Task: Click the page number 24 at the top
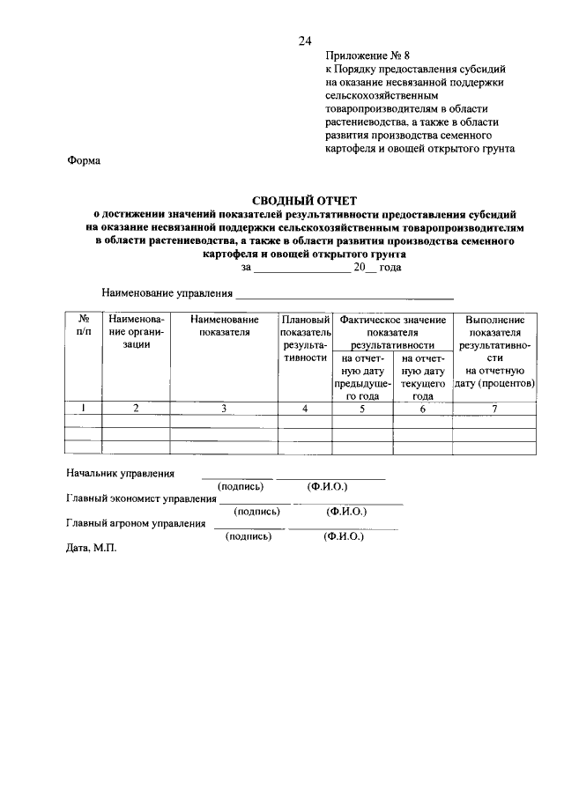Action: [305, 41]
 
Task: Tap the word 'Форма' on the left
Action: [84, 161]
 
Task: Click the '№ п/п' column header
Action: [84, 325]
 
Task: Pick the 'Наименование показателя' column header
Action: [224, 325]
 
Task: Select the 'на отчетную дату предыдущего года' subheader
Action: [359, 377]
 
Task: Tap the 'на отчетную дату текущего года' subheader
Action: [422, 377]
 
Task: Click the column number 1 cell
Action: [84, 408]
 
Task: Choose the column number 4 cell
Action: [304, 408]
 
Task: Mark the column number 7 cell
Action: [494, 408]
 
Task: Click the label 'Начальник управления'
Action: [121, 474]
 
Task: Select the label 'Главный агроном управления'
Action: [136, 523]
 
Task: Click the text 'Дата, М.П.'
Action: [92, 547]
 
